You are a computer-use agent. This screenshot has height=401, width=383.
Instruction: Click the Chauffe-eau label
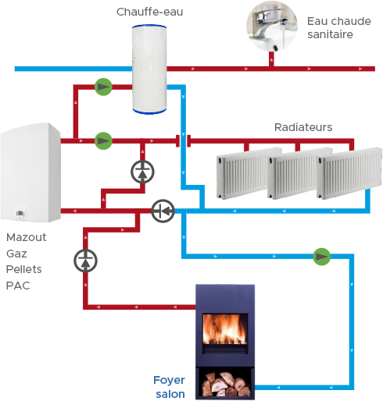(x=149, y=12)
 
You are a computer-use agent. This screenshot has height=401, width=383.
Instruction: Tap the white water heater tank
(x=149, y=69)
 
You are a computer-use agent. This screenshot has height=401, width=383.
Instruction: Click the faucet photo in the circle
(x=272, y=26)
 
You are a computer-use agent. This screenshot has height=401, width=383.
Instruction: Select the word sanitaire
(x=330, y=34)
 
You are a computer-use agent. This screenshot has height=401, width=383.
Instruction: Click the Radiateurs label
(x=303, y=127)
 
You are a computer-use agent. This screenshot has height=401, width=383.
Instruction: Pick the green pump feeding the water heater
(x=103, y=87)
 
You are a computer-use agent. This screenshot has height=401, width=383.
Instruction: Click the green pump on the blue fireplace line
(x=321, y=257)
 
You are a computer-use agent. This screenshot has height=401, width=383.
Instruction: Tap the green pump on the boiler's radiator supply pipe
(x=103, y=140)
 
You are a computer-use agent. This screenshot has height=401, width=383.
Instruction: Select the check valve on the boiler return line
(x=163, y=211)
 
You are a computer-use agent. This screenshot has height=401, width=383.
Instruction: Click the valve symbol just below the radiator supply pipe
(x=142, y=172)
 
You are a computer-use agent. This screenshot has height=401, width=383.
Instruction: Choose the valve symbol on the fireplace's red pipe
(x=85, y=261)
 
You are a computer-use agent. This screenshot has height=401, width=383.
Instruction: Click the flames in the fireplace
(x=224, y=329)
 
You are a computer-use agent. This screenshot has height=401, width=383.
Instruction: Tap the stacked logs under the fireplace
(x=226, y=384)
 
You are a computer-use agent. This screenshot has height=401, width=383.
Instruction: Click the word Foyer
(x=169, y=380)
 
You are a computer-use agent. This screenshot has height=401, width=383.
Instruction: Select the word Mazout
(x=26, y=237)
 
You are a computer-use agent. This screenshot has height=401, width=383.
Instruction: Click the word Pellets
(x=23, y=269)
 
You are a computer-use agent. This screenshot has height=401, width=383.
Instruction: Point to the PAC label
(x=18, y=286)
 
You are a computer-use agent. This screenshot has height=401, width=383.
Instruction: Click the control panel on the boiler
(x=20, y=214)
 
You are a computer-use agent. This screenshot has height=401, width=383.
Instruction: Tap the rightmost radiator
(x=349, y=173)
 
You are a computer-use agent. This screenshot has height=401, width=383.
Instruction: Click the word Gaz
(x=16, y=254)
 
